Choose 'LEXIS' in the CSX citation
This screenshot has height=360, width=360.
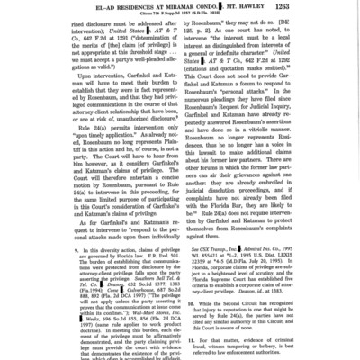pyautogui.click(x=292, y=255)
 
